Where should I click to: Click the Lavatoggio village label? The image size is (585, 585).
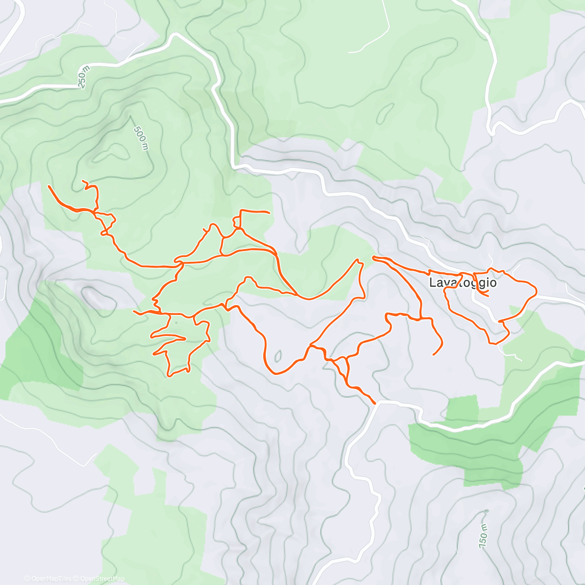pyautogui.click(x=463, y=283)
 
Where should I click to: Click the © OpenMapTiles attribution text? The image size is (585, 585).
pyautogui.click(x=47, y=579)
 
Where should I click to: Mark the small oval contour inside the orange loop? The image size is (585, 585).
pyautogui.click(x=278, y=356)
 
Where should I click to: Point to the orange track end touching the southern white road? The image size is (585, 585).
pyautogui.click(x=374, y=404)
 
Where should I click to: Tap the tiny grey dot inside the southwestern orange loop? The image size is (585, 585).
pyautogui.click(x=176, y=322)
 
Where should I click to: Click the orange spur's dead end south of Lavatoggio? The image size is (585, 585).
pyautogui.click(x=433, y=354)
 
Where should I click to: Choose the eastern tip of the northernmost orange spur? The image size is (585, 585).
pyautogui.click(x=269, y=213)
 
